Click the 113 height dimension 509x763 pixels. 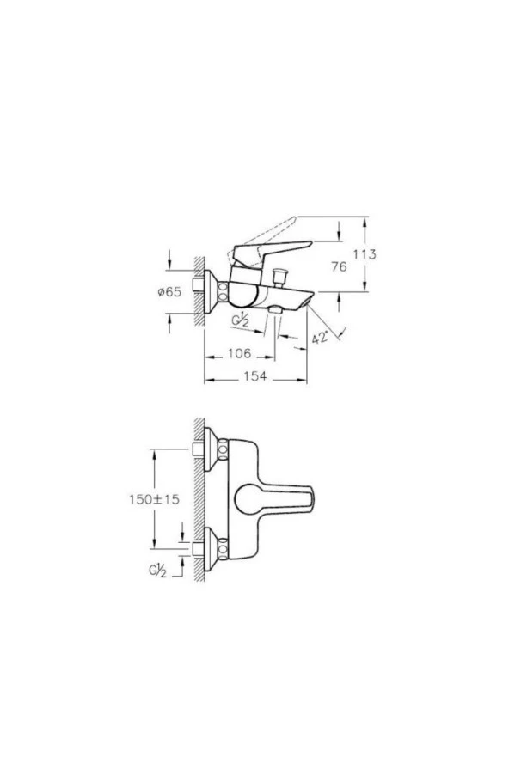point(365,254)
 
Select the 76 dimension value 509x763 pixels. point(339,266)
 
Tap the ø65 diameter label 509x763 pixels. point(169,292)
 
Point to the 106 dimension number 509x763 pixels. point(240,353)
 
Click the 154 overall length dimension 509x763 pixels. point(255,375)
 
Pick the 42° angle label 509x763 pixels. point(320,337)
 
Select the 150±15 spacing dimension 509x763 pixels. point(155,499)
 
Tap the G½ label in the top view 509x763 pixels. point(157,571)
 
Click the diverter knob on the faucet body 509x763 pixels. point(279,277)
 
